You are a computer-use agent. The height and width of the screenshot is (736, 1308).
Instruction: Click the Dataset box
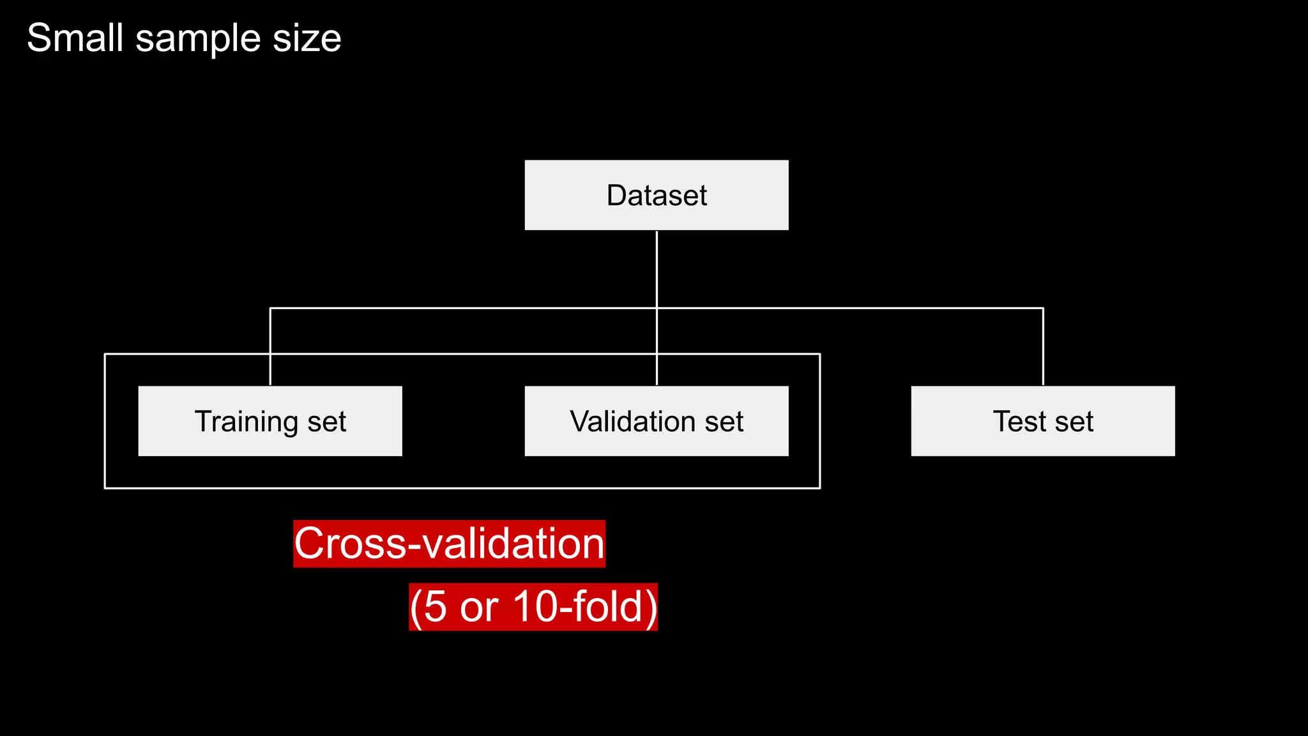(x=657, y=195)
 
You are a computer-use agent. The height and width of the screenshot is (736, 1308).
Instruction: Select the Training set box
(x=270, y=421)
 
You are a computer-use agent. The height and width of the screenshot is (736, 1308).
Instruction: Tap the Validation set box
(x=657, y=421)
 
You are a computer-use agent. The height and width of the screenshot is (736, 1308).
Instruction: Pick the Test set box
(x=1043, y=421)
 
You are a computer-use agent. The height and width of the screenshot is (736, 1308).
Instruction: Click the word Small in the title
(x=75, y=38)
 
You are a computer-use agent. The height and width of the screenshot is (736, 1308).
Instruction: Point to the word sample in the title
(x=199, y=39)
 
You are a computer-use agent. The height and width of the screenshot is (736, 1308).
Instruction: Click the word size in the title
(x=307, y=39)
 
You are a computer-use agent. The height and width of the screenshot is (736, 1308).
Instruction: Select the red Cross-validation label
(x=449, y=544)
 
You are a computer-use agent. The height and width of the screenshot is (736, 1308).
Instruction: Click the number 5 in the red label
(x=435, y=606)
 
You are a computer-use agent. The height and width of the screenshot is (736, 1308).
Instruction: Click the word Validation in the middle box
(x=633, y=422)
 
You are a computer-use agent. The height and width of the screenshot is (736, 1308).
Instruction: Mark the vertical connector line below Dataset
(x=657, y=268)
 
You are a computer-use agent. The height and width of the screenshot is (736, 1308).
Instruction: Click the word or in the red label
(x=479, y=608)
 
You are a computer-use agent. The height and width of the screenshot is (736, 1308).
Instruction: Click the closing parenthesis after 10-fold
(x=650, y=608)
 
